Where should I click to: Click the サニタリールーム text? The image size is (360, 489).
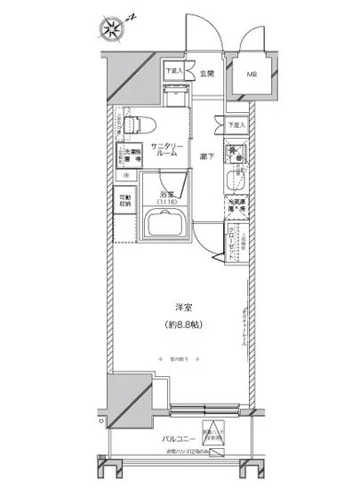[x=166, y=148]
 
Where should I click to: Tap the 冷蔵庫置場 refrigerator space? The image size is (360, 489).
[x=236, y=211]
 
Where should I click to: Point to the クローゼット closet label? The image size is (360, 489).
[x=233, y=244]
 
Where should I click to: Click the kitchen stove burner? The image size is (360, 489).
[x=238, y=152]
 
